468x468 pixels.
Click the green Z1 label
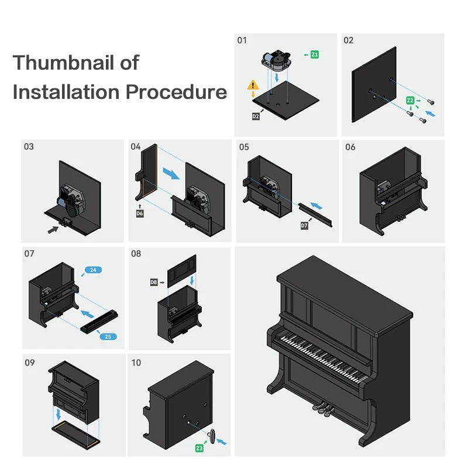point(315,54)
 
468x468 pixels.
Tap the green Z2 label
point(411,101)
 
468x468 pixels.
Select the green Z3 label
point(199,448)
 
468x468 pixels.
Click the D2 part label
point(256,116)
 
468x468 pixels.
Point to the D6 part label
point(140,214)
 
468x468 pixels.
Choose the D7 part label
point(304,225)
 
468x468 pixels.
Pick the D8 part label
point(154,283)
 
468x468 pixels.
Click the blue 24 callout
point(94,270)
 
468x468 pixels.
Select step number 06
point(350,147)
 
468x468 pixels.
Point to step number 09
point(29,363)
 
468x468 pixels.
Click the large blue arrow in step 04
point(171,173)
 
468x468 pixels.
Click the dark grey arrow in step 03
point(53,230)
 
